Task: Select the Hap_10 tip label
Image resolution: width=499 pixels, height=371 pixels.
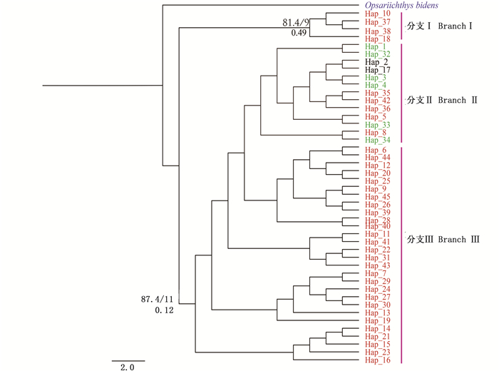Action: click(x=378, y=14)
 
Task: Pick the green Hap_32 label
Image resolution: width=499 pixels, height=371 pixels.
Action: click(x=378, y=54)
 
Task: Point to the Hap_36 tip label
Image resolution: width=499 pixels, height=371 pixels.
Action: click(x=378, y=108)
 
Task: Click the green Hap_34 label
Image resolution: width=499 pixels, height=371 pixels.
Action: click(x=378, y=140)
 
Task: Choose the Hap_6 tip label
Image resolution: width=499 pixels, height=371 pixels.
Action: click(x=376, y=150)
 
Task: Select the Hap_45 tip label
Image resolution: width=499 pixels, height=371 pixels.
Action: click(x=378, y=197)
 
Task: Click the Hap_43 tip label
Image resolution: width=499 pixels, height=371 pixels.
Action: click(x=378, y=265)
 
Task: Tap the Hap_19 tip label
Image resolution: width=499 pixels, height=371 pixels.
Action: click(x=378, y=320)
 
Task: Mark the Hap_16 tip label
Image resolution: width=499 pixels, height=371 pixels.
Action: click(x=378, y=360)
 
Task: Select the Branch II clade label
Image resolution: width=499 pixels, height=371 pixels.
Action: click(x=442, y=101)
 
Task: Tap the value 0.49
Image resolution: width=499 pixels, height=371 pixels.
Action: click(x=299, y=33)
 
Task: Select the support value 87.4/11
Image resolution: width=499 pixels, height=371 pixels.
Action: click(x=158, y=300)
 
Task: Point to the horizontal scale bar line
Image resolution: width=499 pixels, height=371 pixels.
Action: click(x=128, y=360)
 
